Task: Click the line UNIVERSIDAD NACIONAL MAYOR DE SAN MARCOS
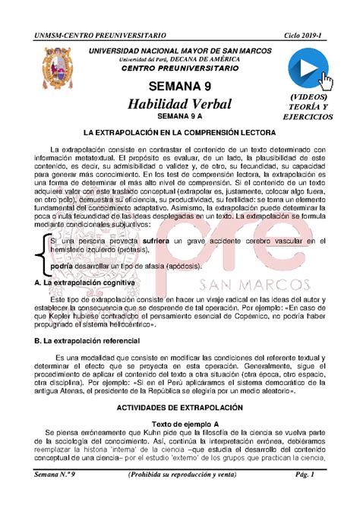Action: coord(180,50)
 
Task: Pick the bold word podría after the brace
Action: coord(62,267)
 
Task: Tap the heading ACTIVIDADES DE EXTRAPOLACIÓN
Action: coord(180,407)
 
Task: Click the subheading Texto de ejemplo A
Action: coord(180,422)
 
